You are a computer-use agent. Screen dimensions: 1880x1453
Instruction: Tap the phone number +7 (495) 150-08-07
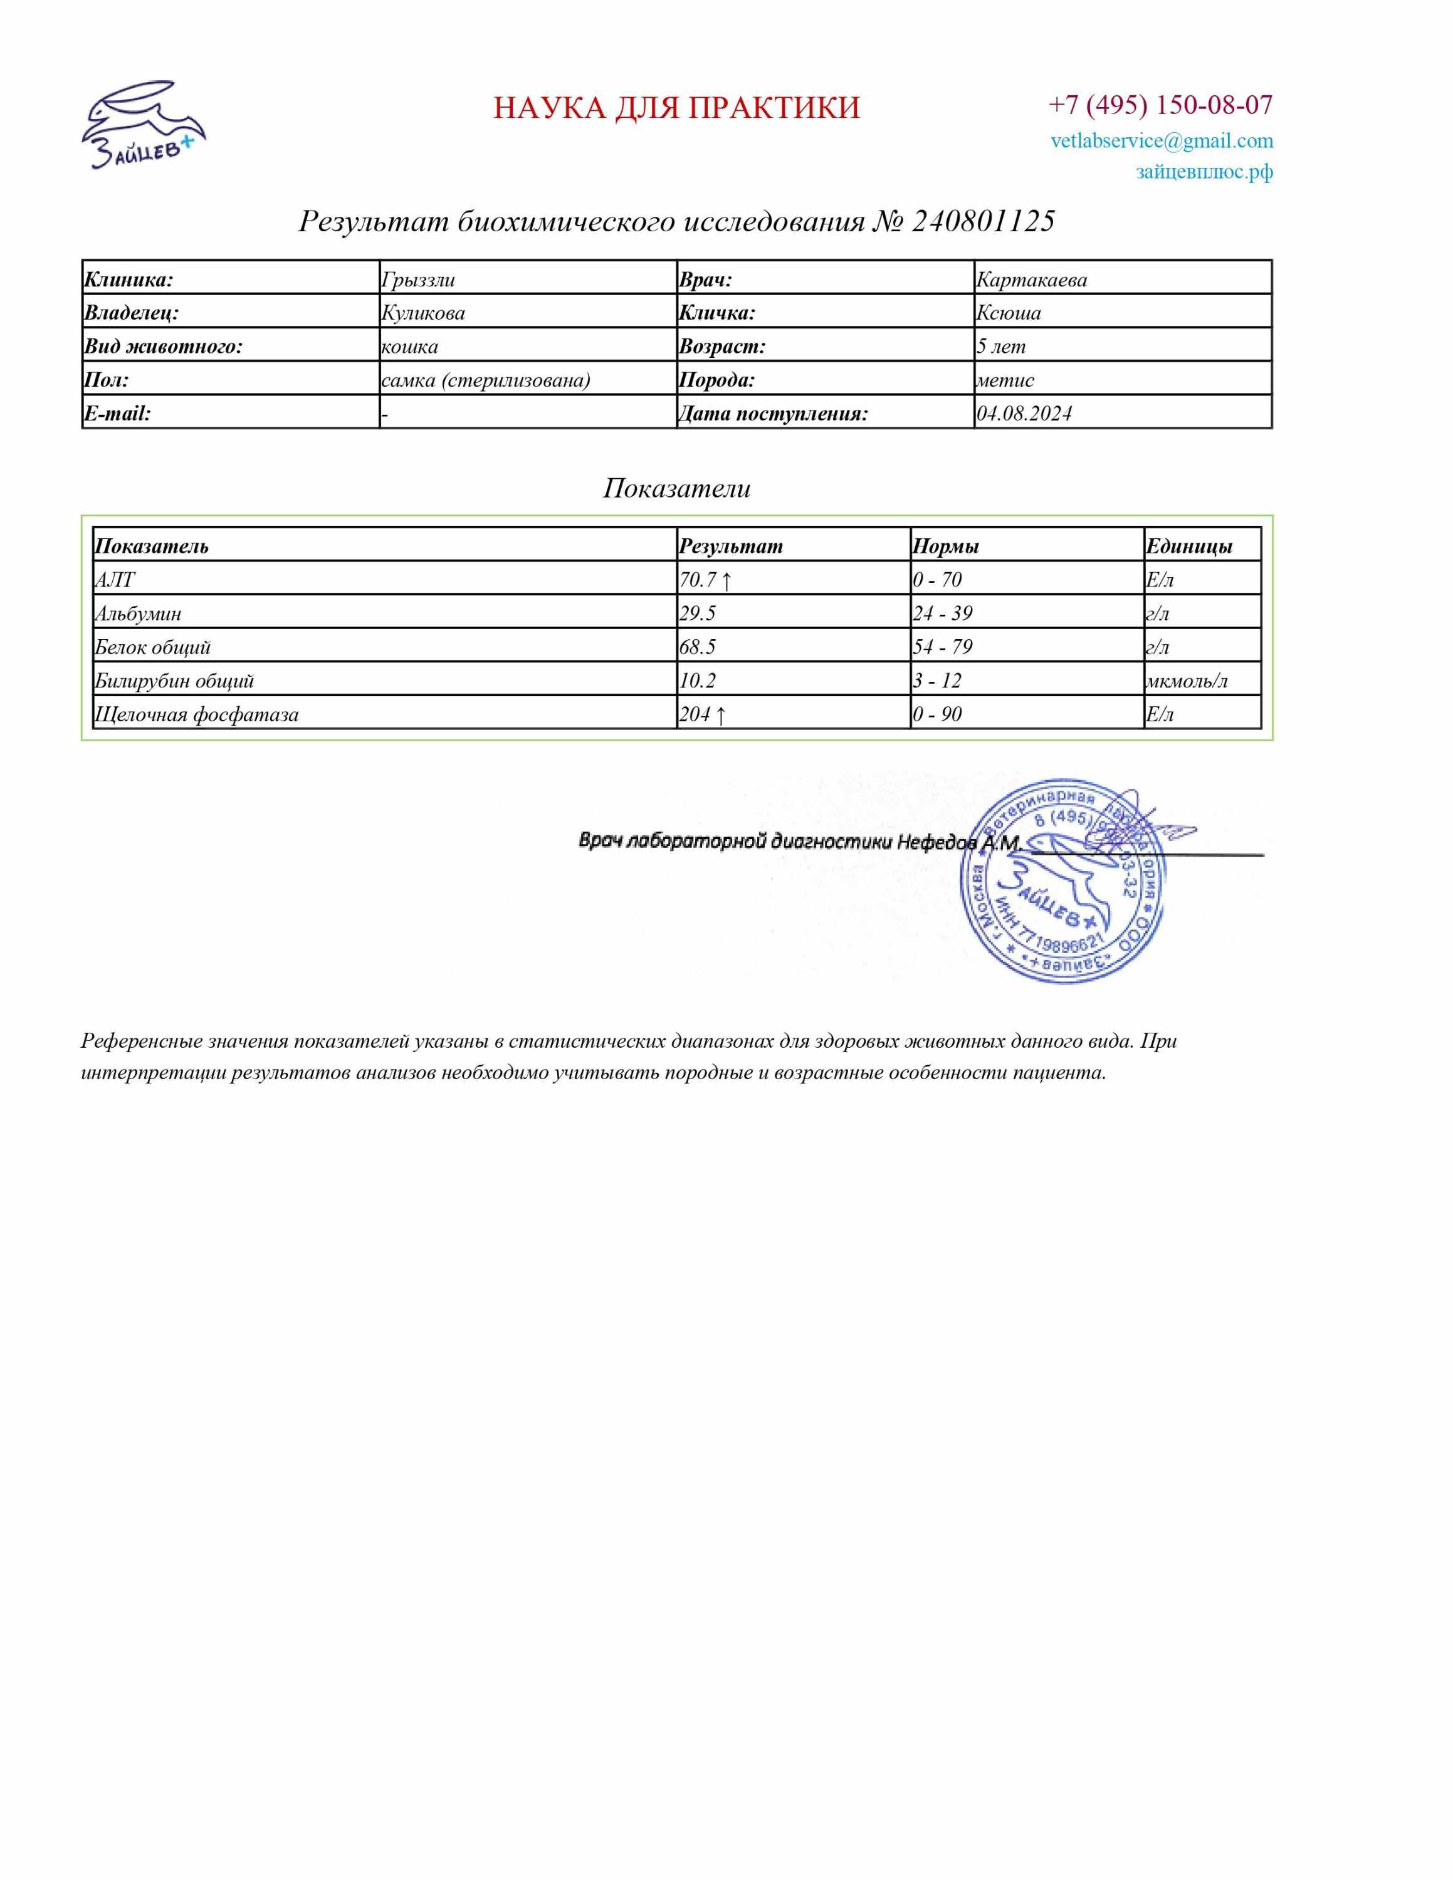pyautogui.click(x=1160, y=105)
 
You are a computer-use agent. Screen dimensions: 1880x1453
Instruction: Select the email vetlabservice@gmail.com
pyautogui.click(x=1161, y=140)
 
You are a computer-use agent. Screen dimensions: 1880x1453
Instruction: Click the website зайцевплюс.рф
pyautogui.click(x=1204, y=171)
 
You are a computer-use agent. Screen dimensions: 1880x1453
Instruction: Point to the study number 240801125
pyautogui.click(x=982, y=221)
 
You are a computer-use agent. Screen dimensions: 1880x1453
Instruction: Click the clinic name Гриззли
pyautogui.click(x=418, y=279)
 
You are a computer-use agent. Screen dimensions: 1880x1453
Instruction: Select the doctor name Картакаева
pyautogui.click(x=1031, y=279)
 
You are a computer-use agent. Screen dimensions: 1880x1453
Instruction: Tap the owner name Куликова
pyautogui.click(x=422, y=313)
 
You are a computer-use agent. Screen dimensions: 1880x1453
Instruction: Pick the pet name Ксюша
pyautogui.click(x=1008, y=313)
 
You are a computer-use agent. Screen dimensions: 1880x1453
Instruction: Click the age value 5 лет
pyautogui.click(x=1000, y=347)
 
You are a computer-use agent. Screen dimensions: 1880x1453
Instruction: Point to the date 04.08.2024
pyautogui.click(x=1024, y=414)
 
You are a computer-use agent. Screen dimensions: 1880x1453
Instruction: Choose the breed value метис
pyautogui.click(x=1005, y=380)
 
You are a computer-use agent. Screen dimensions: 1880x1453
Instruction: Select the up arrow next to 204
pyautogui.click(x=720, y=714)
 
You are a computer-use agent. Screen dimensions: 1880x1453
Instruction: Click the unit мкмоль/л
pyautogui.click(x=1186, y=681)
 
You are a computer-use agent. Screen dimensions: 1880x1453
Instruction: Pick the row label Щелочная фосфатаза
pyautogui.click(x=196, y=714)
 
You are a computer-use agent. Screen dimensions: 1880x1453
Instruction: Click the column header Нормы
pyautogui.click(x=945, y=546)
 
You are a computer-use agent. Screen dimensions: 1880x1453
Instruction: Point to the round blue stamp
pyautogui.click(x=1061, y=882)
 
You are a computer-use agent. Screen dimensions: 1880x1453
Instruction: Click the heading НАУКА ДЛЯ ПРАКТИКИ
pyautogui.click(x=676, y=108)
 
